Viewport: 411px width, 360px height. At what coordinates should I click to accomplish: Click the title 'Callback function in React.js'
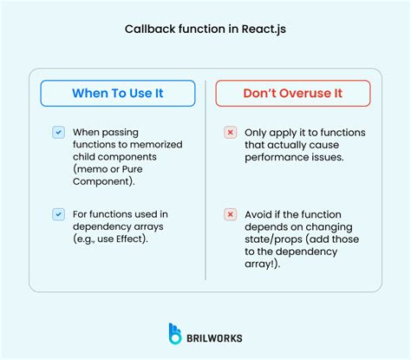click(205, 28)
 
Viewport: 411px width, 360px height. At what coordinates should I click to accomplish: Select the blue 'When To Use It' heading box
click(116, 93)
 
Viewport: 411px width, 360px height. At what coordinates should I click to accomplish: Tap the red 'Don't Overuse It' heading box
click(292, 93)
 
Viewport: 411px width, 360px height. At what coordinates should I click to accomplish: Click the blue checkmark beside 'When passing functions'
click(58, 133)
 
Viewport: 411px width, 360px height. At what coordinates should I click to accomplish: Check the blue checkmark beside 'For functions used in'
click(58, 213)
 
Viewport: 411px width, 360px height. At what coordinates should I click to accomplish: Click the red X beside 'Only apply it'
click(230, 133)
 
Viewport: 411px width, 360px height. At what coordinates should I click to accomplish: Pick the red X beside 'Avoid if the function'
click(230, 213)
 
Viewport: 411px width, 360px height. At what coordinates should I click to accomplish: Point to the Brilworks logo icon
click(177, 335)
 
